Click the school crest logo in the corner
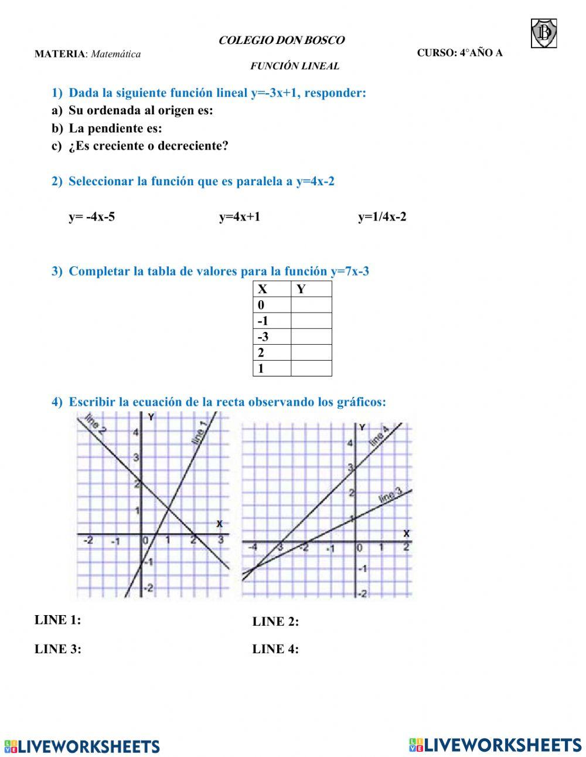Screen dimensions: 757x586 coord(544,33)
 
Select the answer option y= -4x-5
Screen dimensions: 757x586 coord(92,217)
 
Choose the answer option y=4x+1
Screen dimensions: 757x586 coord(240,217)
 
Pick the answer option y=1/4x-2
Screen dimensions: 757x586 coord(382,217)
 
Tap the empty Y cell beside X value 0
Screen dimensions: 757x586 coord(311,305)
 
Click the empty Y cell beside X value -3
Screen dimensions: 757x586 coord(311,337)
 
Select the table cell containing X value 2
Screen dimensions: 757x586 coord(272,352)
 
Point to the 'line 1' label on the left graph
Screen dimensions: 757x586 coord(199,433)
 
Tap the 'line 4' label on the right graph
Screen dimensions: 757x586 coord(379,437)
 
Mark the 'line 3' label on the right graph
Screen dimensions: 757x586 coord(390,496)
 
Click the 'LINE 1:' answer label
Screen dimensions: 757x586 coord(58,620)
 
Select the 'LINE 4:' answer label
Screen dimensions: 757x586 coord(275,649)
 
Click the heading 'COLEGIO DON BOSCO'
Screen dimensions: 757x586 coord(281,40)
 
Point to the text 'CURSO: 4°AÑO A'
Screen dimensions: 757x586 coord(459,53)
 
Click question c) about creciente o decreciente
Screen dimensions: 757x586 coord(140,146)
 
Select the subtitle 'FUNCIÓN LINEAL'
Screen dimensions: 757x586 coord(295,66)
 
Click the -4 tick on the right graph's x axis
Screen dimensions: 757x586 coord(253,548)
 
